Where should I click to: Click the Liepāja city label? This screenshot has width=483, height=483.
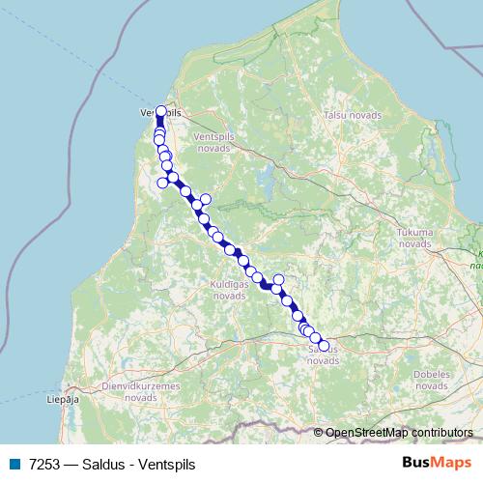[x=61, y=397]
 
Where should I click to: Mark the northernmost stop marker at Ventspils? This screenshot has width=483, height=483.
[x=160, y=111]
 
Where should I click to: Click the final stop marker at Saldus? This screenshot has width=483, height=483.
[x=324, y=346]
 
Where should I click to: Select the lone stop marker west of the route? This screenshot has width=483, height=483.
[x=162, y=184]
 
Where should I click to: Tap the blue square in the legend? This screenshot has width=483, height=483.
[x=14, y=464]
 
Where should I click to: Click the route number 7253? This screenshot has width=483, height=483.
[x=46, y=464]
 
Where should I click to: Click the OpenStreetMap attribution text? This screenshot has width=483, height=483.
[x=366, y=433]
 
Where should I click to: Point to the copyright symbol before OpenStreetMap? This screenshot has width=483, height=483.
[x=320, y=433]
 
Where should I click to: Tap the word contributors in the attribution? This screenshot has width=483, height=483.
[x=441, y=433]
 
